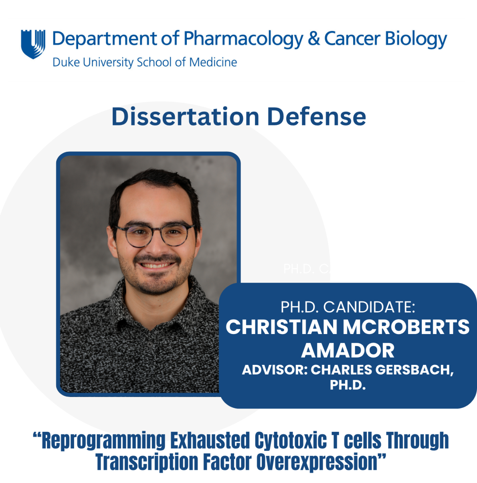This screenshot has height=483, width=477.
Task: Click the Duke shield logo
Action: [x=33, y=44]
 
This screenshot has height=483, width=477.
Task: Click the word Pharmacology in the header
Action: [x=243, y=39]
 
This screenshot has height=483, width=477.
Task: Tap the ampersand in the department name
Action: [x=314, y=39]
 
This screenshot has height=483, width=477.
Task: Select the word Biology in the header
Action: [x=416, y=39]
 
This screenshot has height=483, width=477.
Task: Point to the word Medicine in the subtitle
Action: [x=213, y=62]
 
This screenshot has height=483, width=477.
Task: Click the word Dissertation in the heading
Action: [x=185, y=117]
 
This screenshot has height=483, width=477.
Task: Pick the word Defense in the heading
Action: [x=316, y=117]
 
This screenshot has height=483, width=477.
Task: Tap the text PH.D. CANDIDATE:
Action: [x=348, y=307]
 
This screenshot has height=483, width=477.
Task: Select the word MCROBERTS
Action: [x=406, y=327]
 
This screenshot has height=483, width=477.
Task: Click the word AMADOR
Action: [x=348, y=351]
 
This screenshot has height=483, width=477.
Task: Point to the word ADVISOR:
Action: [x=275, y=370]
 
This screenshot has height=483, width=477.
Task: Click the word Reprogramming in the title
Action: [x=103, y=441]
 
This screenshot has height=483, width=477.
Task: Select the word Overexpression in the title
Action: [x=317, y=462]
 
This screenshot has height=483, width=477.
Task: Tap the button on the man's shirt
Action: [x=150, y=344]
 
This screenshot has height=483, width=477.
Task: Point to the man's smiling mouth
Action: [x=156, y=265]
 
